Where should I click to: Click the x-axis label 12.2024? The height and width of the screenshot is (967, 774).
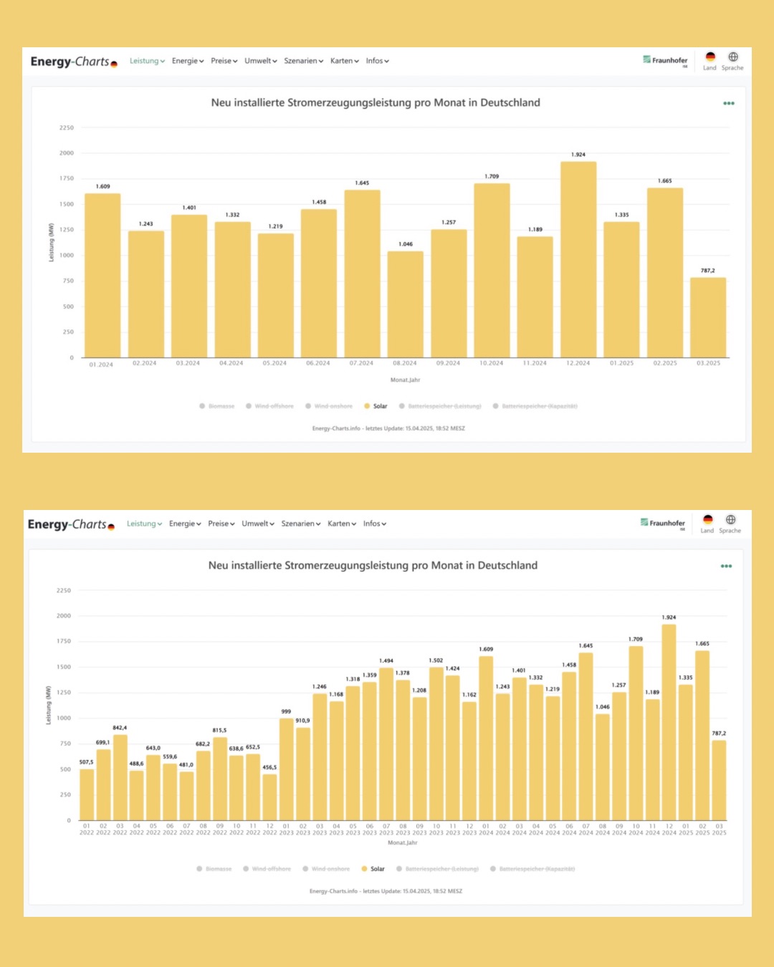click(578, 363)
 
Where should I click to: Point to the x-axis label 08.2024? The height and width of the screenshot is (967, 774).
click(405, 363)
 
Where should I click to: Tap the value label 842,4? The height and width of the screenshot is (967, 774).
click(120, 728)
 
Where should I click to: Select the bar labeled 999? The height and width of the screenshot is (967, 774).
click(286, 769)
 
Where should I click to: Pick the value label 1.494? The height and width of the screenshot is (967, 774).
click(386, 661)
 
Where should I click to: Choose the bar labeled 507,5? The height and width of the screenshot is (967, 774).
click(87, 794)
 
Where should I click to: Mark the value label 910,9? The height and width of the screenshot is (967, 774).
click(302, 721)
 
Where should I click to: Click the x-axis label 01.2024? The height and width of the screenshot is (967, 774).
click(101, 365)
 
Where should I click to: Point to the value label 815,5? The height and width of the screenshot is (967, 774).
click(219, 731)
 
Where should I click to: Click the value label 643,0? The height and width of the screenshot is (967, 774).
click(153, 748)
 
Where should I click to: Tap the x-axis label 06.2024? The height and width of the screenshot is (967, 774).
click(318, 363)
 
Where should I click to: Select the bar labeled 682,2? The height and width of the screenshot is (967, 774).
click(203, 785)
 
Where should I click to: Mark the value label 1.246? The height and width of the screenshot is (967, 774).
click(320, 687)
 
